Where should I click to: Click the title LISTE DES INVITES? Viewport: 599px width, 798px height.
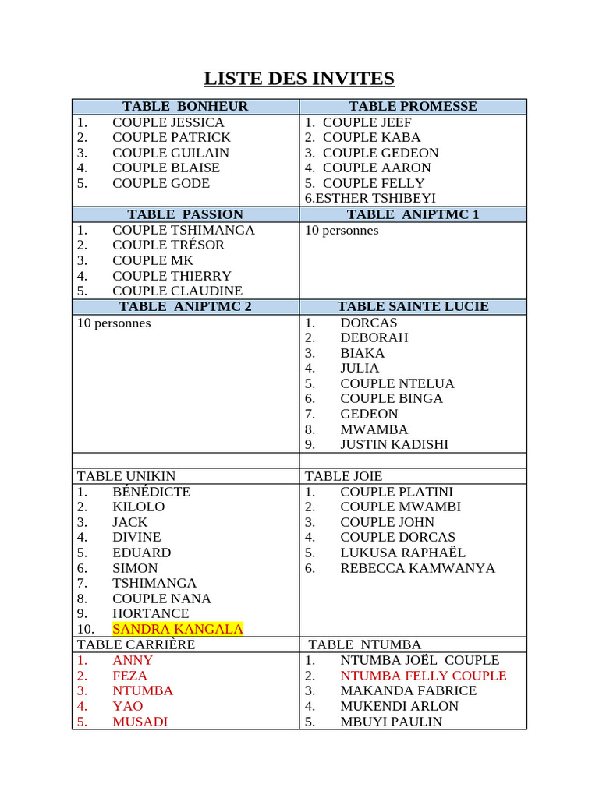click(x=299, y=79)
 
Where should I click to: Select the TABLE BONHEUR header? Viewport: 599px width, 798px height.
click(x=185, y=107)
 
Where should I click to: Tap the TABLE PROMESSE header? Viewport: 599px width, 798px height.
click(x=413, y=107)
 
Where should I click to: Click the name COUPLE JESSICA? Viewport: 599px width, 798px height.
click(x=168, y=122)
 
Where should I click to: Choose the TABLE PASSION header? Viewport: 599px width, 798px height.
click(x=185, y=214)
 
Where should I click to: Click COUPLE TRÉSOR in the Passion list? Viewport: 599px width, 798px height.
click(x=168, y=245)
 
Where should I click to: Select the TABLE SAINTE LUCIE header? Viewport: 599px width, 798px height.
click(x=413, y=306)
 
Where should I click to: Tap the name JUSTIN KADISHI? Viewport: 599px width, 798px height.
click(x=394, y=444)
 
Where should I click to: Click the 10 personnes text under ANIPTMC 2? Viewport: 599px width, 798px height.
click(x=114, y=323)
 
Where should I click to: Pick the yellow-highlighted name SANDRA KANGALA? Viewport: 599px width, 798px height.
click(x=177, y=629)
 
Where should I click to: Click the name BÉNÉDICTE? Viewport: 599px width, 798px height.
click(x=151, y=492)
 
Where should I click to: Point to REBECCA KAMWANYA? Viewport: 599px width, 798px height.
click(x=417, y=568)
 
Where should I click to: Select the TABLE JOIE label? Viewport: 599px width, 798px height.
click(x=343, y=476)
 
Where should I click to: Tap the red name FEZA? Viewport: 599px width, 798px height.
click(x=129, y=676)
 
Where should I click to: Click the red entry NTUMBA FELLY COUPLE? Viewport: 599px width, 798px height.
click(x=423, y=676)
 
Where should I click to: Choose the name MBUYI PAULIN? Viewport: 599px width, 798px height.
click(x=391, y=722)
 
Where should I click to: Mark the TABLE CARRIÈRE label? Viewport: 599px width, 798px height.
click(x=136, y=644)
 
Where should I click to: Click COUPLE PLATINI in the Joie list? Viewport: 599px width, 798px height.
click(x=396, y=492)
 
